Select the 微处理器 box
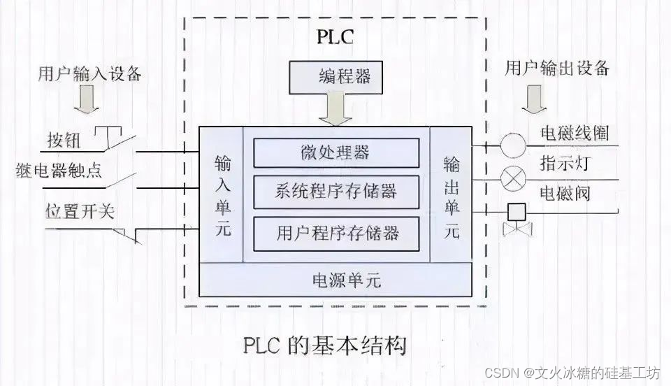click(x=335, y=152)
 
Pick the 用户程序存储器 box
click(x=337, y=231)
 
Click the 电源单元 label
click(x=335, y=280)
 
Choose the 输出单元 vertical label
click(x=451, y=194)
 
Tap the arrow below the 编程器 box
click(x=335, y=110)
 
